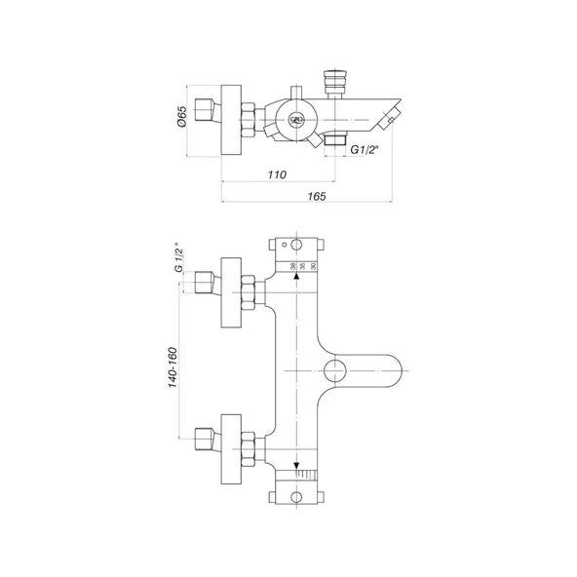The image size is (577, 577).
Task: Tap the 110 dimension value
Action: [276, 174]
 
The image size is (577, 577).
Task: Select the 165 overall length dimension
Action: [315, 196]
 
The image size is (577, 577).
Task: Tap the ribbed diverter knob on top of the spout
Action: [334, 81]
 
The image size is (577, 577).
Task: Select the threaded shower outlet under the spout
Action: [335, 142]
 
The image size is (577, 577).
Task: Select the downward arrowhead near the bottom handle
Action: [295, 464]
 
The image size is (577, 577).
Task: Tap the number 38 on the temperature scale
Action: [292, 266]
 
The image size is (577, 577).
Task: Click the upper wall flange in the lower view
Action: [230, 294]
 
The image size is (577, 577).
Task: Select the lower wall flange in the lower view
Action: [230, 449]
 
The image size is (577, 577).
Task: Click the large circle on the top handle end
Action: [295, 245]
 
